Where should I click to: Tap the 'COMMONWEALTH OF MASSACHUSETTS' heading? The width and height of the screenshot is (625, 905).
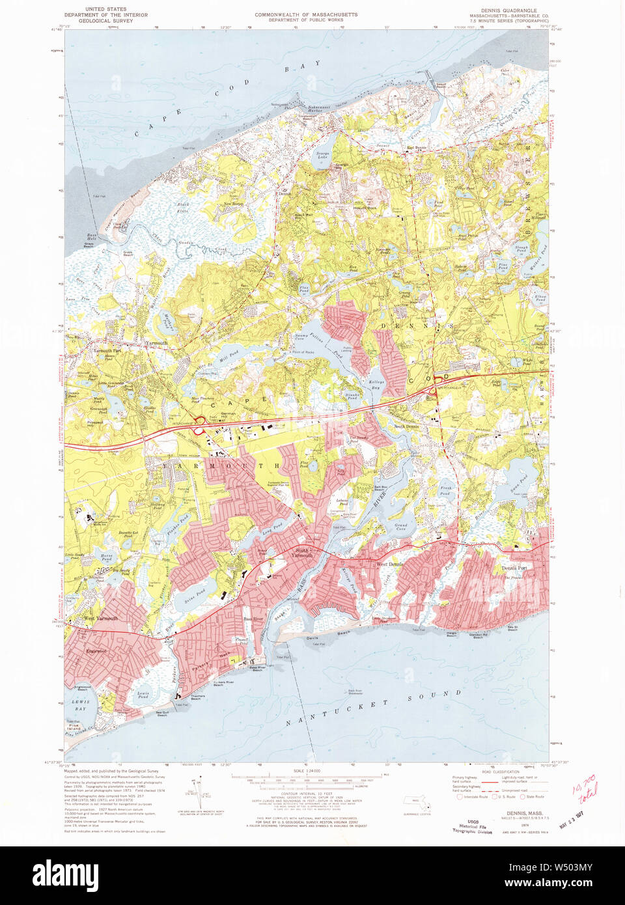tap(305, 14)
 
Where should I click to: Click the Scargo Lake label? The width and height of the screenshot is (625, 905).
tap(323, 156)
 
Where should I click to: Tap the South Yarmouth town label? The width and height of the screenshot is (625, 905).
tap(301, 553)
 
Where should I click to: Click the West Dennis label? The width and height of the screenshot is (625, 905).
tap(389, 564)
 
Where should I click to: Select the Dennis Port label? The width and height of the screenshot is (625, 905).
tap(514, 568)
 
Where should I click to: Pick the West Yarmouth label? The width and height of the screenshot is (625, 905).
tap(101, 618)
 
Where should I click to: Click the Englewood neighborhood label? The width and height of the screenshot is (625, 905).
tap(97, 650)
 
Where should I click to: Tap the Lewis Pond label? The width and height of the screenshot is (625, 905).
tap(143, 694)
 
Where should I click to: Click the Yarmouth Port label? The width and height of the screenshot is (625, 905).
tap(107, 350)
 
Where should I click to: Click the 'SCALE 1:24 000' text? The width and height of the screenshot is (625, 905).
tap(305, 771)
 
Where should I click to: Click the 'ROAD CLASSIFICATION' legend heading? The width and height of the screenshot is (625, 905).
tap(501, 772)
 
